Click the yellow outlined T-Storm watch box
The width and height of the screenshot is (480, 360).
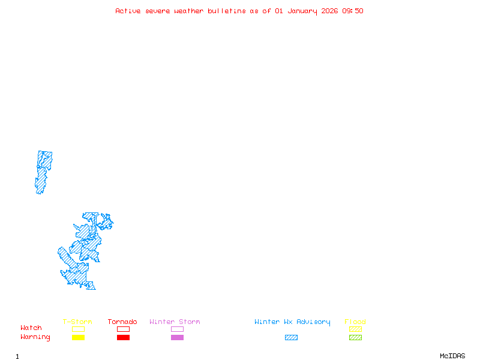(x=78, y=329)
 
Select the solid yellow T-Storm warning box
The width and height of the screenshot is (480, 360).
(x=78, y=338)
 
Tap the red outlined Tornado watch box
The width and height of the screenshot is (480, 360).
(x=123, y=329)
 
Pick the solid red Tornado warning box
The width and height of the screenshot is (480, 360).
(x=123, y=338)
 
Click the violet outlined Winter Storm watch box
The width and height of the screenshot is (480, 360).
(x=177, y=329)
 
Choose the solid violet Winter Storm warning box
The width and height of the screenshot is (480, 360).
(x=177, y=338)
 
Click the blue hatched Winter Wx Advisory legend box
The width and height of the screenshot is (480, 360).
(x=291, y=338)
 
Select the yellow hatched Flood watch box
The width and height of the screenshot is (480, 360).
(x=355, y=329)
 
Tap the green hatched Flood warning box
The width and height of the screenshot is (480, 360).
(x=355, y=338)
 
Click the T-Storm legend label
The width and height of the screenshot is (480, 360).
(x=77, y=322)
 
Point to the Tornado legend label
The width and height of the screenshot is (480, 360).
(x=122, y=322)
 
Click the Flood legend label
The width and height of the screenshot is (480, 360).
(x=355, y=322)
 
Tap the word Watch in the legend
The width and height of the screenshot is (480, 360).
(x=31, y=328)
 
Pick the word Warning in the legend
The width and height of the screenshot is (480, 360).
(x=35, y=337)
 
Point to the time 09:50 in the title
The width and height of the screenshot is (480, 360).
(x=353, y=11)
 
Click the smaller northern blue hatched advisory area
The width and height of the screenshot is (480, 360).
(x=43, y=171)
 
